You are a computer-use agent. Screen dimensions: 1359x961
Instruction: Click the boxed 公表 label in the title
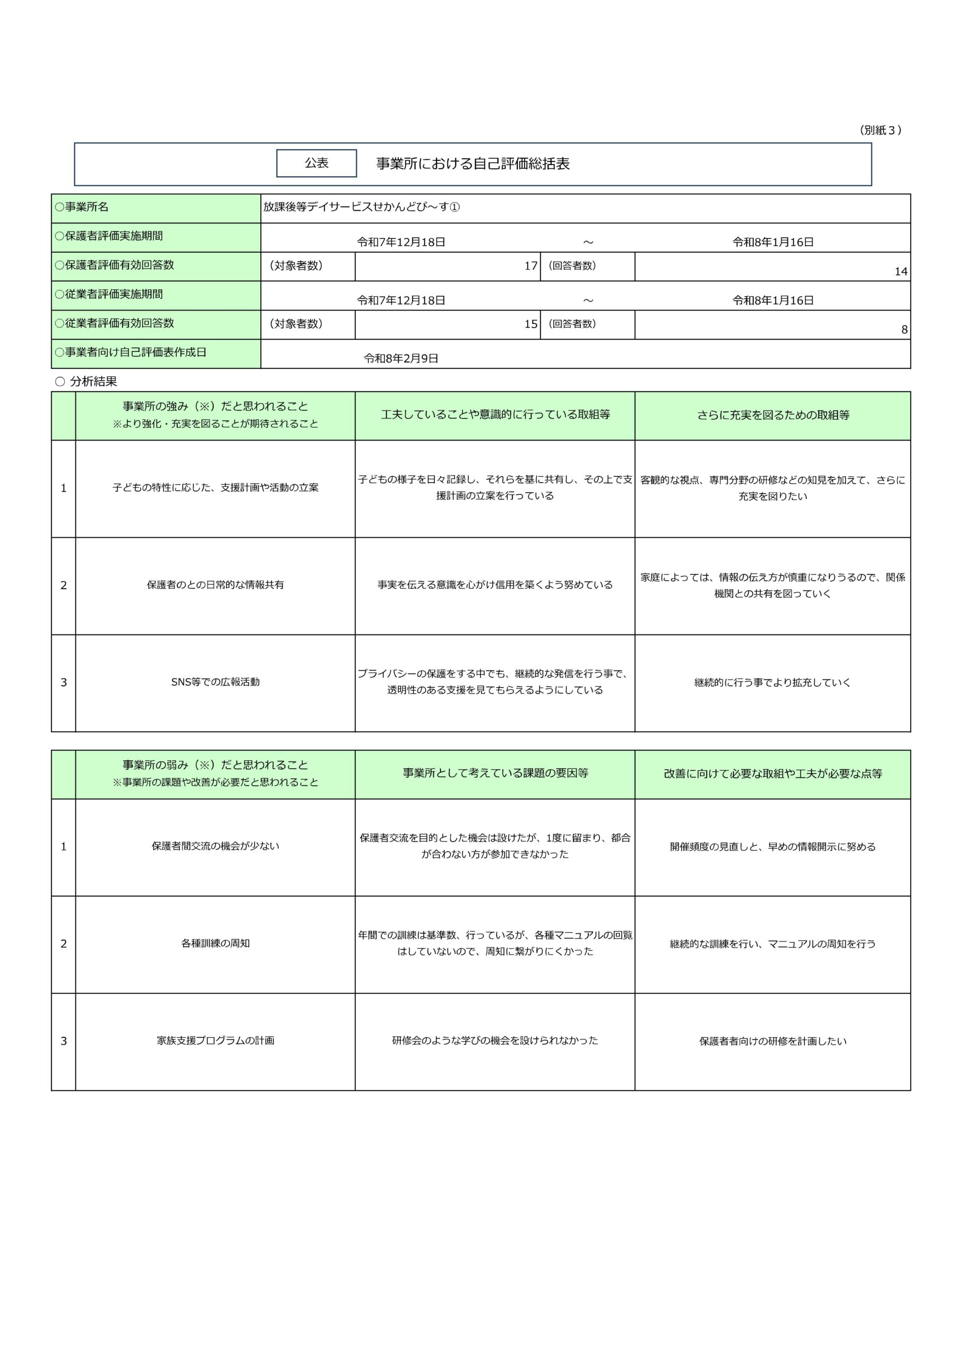316,163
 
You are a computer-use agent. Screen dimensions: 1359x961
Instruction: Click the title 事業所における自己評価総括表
473,164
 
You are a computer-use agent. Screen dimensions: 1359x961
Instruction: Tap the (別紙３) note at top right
880,130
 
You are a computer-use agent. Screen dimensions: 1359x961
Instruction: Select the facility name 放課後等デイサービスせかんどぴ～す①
361,207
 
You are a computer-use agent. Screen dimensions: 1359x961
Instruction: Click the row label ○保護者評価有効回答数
114,265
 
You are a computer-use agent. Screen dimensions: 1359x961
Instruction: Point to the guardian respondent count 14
900,272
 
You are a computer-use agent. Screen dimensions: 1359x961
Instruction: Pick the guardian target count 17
530,266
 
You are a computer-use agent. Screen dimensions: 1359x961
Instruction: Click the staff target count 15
530,324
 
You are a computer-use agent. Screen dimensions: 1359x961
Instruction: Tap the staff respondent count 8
904,330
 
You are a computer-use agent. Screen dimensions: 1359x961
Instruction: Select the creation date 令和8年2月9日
401,359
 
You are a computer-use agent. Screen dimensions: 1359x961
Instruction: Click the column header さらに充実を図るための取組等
773,416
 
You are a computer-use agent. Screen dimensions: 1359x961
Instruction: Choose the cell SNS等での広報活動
215,682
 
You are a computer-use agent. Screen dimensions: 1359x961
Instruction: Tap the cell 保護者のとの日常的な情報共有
215,585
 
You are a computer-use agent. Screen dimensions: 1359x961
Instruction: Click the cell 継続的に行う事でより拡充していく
773,683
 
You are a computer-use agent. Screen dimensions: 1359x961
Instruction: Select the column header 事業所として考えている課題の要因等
495,773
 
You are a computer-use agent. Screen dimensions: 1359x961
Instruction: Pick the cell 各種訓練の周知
215,943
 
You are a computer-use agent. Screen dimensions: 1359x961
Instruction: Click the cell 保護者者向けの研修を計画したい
773,1041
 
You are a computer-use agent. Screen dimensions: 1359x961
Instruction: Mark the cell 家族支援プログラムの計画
215,1040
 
